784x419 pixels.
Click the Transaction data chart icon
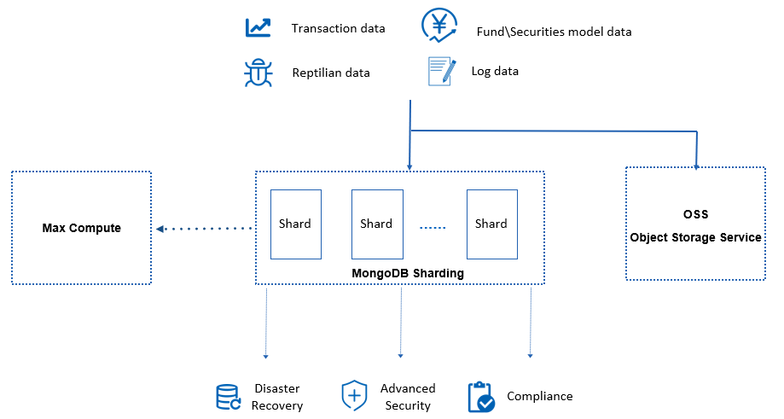tap(258, 27)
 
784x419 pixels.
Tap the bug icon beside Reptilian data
tap(258, 73)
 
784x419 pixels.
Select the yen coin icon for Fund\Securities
tap(439, 26)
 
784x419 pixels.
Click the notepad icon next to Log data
tap(440, 71)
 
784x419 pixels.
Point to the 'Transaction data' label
tap(338, 28)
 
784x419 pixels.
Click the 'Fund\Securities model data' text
tap(554, 32)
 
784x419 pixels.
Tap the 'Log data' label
tap(495, 71)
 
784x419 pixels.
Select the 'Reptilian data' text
tap(331, 73)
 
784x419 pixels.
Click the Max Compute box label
tap(82, 228)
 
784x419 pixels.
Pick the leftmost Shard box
tap(295, 224)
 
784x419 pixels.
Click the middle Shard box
tap(376, 224)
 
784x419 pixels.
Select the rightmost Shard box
tap(491, 224)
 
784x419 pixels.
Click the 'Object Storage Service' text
tap(695, 237)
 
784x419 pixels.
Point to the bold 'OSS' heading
tap(695, 214)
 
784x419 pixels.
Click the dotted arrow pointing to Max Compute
tap(205, 228)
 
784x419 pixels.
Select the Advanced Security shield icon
tap(354, 396)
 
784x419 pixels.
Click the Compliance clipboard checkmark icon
tap(481, 397)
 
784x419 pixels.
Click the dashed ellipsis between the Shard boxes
tap(433, 228)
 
